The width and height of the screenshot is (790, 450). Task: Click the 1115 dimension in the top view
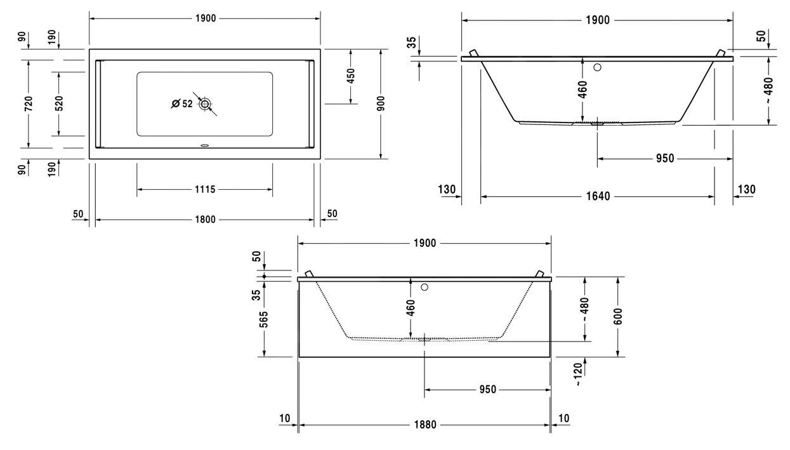[205, 189]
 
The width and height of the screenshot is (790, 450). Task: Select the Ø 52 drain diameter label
[182, 104]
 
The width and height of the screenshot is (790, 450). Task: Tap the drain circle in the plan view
[204, 104]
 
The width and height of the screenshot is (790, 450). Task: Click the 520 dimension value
[58, 104]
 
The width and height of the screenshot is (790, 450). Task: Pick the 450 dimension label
[350, 76]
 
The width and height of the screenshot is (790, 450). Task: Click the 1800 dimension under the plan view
[205, 220]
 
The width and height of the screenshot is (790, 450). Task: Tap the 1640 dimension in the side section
[597, 196]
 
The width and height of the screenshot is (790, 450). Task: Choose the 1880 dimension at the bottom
[425, 425]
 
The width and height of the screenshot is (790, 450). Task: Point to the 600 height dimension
[618, 315]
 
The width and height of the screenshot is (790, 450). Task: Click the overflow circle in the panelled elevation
[425, 287]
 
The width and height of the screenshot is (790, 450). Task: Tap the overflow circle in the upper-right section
[597, 67]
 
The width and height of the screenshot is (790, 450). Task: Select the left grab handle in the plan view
[98, 104]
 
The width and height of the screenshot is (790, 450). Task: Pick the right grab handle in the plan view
[311, 104]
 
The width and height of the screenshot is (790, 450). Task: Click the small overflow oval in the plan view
[204, 144]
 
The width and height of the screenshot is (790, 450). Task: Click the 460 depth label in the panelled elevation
[411, 308]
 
